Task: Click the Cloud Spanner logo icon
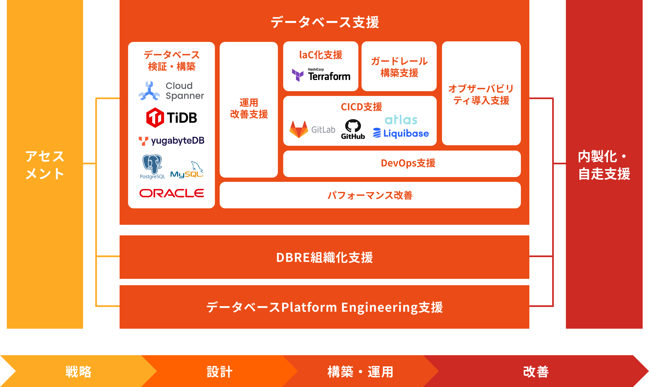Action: pyautogui.click(x=149, y=91)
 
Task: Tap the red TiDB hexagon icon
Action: pyautogui.click(x=155, y=117)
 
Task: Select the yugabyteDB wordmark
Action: pyautogui.click(x=178, y=141)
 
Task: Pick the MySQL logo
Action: pyautogui.click(x=187, y=170)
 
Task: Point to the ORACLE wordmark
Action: pyautogui.click(x=172, y=193)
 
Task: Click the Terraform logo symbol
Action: pyautogui.click(x=298, y=75)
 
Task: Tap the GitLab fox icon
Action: pyautogui.click(x=299, y=129)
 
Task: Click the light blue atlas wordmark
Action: pyautogui.click(x=401, y=120)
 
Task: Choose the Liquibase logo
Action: pyautogui.click(x=401, y=133)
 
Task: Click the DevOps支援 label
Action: pyautogui.click(x=408, y=163)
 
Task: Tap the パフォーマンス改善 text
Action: pyautogui.click(x=370, y=195)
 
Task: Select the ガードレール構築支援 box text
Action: pyautogui.click(x=399, y=67)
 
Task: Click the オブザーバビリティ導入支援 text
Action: pyautogui.click(x=481, y=95)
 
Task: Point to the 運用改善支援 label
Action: pyautogui.click(x=249, y=108)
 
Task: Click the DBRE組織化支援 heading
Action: pyautogui.click(x=324, y=257)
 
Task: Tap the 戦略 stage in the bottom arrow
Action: pyautogui.click(x=78, y=372)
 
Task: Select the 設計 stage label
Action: pyautogui.click(x=220, y=372)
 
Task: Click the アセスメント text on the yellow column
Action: pyautogui.click(x=45, y=165)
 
